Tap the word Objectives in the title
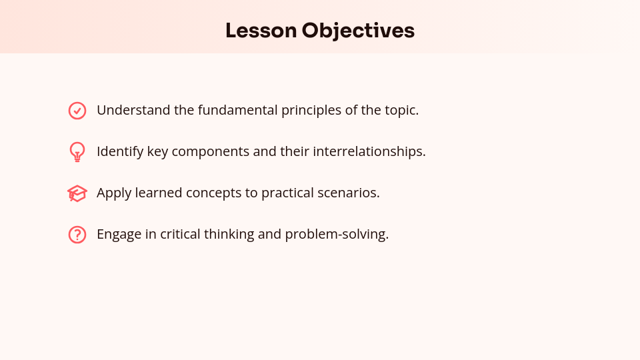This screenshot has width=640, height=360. tap(358, 31)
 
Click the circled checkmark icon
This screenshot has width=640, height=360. tap(77, 111)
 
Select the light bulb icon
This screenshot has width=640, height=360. tap(77, 151)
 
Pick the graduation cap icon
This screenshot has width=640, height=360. tap(77, 193)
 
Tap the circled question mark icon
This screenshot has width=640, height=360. tap(77, 235)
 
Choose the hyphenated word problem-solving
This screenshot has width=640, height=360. tap(337, 235)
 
